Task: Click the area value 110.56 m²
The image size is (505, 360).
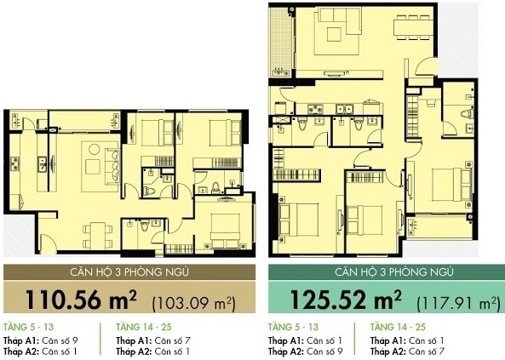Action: [75, 301]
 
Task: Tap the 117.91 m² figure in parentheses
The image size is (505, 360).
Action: [458, 303]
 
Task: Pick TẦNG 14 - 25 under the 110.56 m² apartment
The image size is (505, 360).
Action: [141, 327]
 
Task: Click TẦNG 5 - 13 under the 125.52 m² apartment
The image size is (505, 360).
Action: [293, 327]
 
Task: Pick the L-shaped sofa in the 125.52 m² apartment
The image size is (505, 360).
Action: [332, 34]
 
